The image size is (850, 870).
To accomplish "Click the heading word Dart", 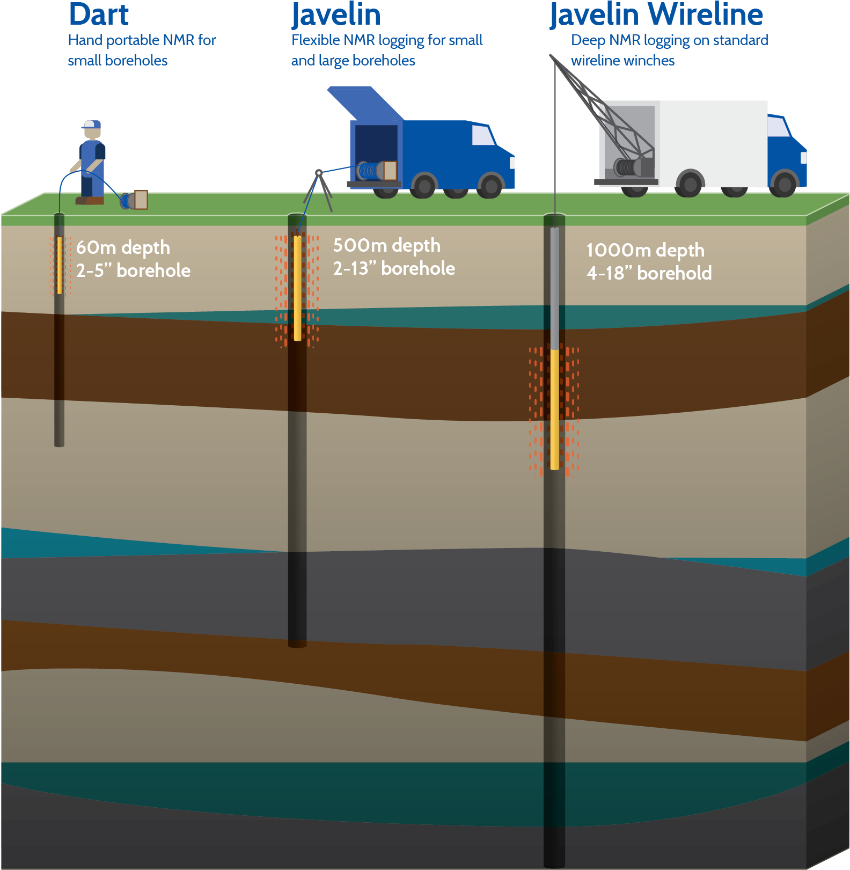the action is tap(99, 14).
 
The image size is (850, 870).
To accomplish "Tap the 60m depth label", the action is tap(123, 248).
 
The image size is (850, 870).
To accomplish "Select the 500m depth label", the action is tap(387, 246).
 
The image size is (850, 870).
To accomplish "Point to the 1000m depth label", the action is tap(646, 251).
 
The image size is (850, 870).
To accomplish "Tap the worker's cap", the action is tap(92, 125).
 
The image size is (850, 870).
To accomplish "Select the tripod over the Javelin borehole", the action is tap(319, 191).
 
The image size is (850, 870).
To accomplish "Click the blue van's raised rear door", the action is tap(365, 103).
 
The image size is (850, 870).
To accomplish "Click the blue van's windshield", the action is tap(483, 135).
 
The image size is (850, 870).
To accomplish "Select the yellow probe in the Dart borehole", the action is tap(60, 265).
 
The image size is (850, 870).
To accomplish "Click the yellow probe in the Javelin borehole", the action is tap(298, 288).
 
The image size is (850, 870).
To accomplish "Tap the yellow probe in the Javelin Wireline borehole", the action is tap(555, 409).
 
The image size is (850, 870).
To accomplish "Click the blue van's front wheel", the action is tap(490, 186).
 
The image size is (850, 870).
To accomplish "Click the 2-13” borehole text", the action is tap(394, 268).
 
